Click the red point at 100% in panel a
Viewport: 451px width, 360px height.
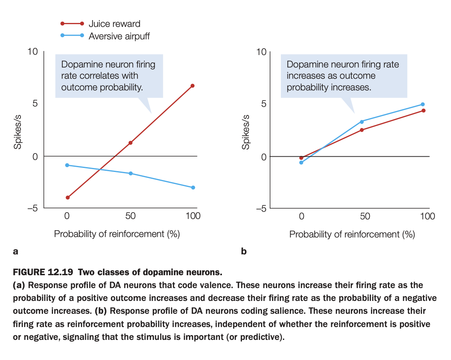pos(193,86)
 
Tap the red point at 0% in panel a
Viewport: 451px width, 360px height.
pos(67,197)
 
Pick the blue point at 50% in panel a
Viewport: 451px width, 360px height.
pos(130,173)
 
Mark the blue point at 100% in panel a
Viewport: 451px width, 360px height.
pos(193,188)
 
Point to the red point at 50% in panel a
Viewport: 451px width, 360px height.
pos(130,143)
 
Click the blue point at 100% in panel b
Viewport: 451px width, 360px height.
pos(422,104)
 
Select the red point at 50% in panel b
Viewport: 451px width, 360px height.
pos(362,130)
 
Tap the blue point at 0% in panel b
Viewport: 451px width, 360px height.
pos(301,162)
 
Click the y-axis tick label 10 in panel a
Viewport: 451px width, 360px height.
pos(33,51)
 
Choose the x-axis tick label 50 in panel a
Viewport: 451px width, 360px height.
pos(130,216)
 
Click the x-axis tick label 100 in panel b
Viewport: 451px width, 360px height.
pos(427,217)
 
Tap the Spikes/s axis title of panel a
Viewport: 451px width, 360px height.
pos(18,133)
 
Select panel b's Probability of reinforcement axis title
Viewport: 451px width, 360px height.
pos(352,234)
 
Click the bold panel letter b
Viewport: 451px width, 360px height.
pos(244,252)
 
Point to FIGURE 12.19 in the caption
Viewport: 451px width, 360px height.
pos(43,273)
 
